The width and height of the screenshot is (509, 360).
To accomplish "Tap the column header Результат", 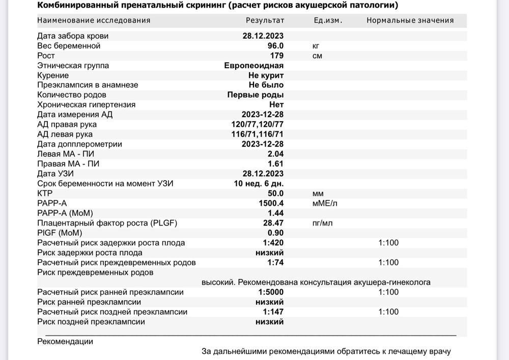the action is [265, 20].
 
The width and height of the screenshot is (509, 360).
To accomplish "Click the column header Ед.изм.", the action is [328, 20].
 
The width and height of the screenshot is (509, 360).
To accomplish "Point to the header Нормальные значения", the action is [410, 20].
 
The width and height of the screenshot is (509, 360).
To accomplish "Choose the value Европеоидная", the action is [254, 66].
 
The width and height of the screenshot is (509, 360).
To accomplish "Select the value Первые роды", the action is [256, 95].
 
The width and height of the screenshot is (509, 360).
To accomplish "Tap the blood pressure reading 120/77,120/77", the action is [258, 124].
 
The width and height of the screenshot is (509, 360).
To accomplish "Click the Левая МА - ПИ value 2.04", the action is [276, 154].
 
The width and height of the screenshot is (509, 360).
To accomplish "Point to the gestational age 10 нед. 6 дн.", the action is [259, 183].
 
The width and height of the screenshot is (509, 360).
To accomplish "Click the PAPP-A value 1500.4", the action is [271, 203].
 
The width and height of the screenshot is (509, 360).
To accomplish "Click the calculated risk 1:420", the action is [273, 243].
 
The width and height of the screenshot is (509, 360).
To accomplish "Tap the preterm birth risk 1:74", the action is [275, 263].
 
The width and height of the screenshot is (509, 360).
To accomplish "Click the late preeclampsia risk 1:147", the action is [273, 312].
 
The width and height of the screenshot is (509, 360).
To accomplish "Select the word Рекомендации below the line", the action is [65, 342].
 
